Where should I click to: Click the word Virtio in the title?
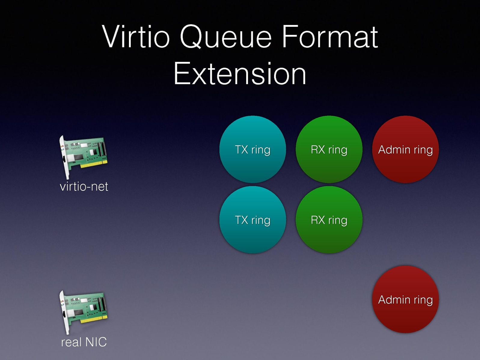click(136, 36)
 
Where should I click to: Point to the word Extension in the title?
click(240, 73)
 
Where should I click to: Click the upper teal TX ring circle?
click(252, 149)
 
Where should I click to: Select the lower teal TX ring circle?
click(252, 220)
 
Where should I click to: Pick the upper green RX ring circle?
click(329, 149)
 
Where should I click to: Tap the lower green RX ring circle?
click(329, 220)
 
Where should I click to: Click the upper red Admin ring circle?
click(405, 149)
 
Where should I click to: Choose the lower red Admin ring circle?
click(405, 299)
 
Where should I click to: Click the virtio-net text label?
click(84, 186)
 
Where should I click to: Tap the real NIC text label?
click(84, 342)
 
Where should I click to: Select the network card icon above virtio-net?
click(83, 157)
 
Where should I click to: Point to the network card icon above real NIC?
click(83, 312)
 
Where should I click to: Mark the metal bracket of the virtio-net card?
click(64, 157)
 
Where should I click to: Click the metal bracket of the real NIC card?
click(64, 313)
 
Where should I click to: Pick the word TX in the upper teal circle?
click(242, 150)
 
